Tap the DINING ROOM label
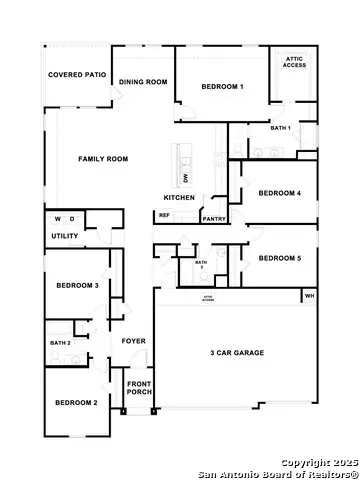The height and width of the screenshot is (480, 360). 143,82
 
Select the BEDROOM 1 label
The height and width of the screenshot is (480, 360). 222,88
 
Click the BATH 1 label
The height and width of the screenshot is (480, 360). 280,128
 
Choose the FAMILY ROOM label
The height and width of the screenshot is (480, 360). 103,159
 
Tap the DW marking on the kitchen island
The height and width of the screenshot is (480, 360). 186,178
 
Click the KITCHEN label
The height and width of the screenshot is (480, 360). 179,198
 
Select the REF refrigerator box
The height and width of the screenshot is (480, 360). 164,215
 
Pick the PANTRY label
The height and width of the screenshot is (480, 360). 213,219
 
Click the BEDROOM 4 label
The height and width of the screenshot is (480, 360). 279,193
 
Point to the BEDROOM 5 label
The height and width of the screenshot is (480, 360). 279,258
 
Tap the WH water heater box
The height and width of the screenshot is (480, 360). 309,296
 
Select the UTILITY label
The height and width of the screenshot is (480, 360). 64,236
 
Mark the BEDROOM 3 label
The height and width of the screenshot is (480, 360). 76,286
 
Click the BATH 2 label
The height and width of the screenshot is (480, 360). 60,343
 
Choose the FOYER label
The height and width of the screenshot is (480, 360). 133,341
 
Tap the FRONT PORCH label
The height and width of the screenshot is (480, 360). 138,387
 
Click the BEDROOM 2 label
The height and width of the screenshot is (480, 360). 75,402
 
